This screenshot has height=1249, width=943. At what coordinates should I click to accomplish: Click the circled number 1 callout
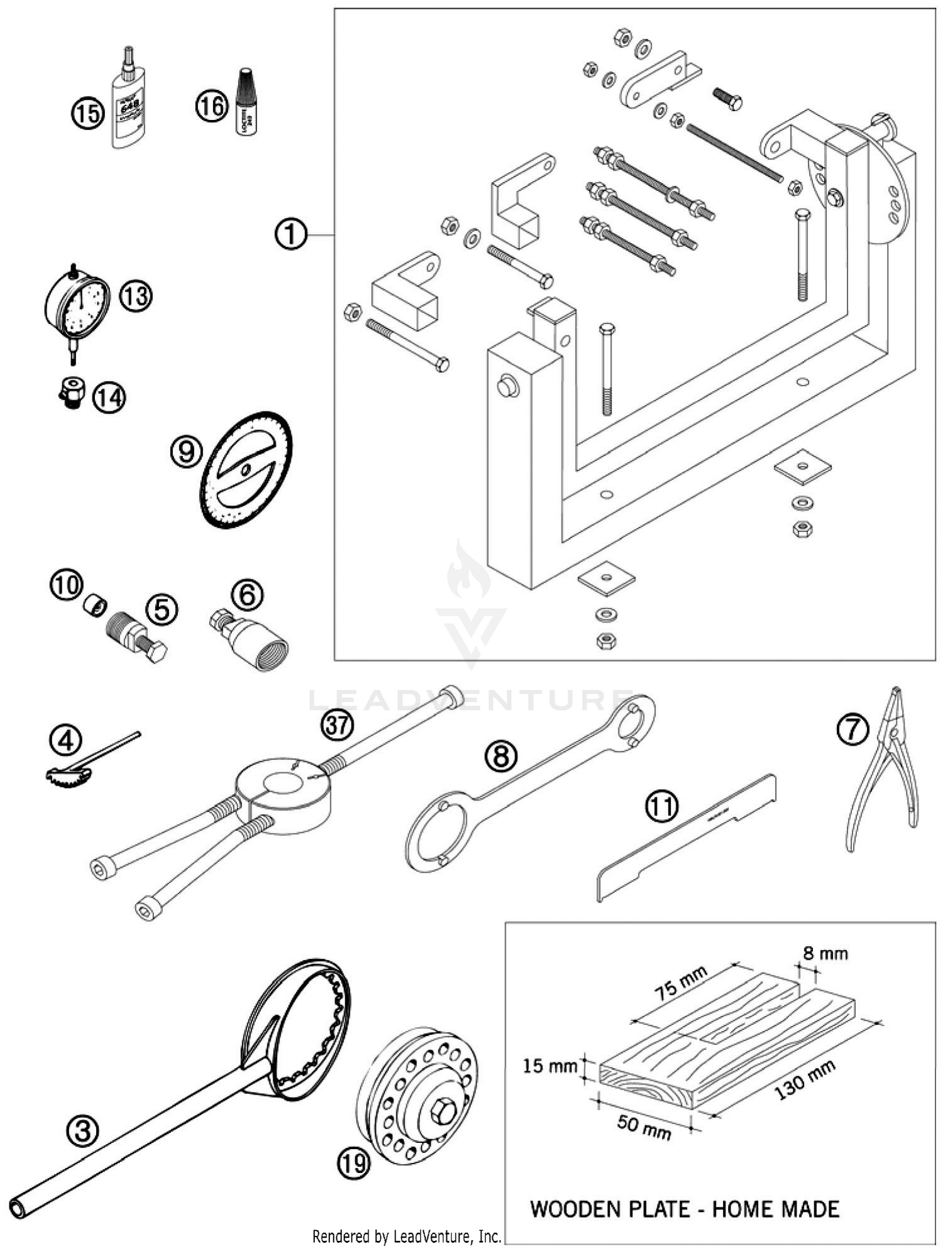[290, 234]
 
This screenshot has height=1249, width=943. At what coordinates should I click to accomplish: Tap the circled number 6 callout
[247, 593]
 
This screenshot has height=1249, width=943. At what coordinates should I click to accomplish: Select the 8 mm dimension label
[824, 953]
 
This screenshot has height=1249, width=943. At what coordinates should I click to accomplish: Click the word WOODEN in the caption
[580, 1208]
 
